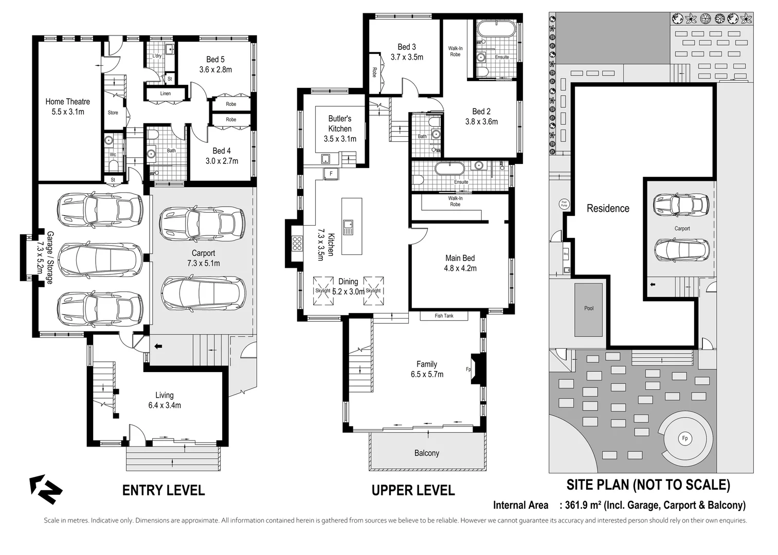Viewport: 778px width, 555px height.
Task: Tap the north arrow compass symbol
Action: tap(45, 489)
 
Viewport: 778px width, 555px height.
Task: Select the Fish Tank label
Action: tap(444, 316)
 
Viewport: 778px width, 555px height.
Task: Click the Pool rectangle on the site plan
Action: tap(589, 309)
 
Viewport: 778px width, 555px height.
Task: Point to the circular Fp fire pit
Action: tap(684, 438)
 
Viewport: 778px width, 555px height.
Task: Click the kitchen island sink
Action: tap(348, 227)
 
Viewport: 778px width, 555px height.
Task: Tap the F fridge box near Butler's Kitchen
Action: tap(331, 174)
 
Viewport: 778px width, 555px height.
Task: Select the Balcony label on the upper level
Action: tap(426, 453)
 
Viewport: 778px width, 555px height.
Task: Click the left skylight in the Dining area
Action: tap(323, 290)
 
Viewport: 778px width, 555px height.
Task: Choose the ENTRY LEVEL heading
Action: tap(164, 490)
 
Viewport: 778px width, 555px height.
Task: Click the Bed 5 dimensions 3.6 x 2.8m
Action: tap(215, 69)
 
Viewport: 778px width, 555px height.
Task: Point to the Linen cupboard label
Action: tap(165, 94)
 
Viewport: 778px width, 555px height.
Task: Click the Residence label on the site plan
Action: tap(608, 208)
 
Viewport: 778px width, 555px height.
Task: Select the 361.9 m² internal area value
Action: tap(583, 505)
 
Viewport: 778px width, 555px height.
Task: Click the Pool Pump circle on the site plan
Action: tap(564, 204)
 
